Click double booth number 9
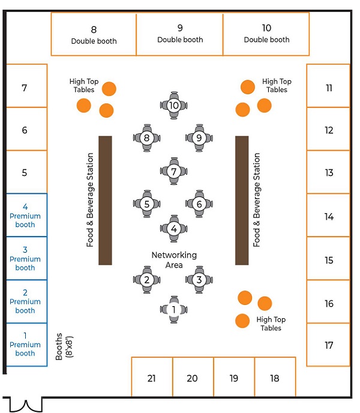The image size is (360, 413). pos(180,34)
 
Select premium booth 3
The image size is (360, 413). pos(25,258)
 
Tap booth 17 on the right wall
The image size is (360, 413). pos(328,345)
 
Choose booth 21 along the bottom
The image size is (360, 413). pos(152,378)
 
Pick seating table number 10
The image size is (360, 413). pos(174,105)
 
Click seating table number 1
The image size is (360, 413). pos(174,309)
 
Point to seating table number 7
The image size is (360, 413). pos(174,172)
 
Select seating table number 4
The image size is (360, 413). pos(174,228)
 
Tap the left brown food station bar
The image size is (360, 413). pos(105,200)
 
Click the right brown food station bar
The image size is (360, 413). pos(242,200)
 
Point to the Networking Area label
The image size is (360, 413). pos(174,260)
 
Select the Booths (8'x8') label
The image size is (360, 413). pos(63,346)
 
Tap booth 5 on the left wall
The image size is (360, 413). pos(25,172)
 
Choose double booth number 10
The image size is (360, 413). pos(266,34)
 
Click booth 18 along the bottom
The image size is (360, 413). pos(275,378)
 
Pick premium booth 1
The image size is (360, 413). pos(25,344)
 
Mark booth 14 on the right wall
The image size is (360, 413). pos(328,216)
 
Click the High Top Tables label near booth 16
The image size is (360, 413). pos(271,324)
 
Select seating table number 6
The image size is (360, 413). pos(200,203)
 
